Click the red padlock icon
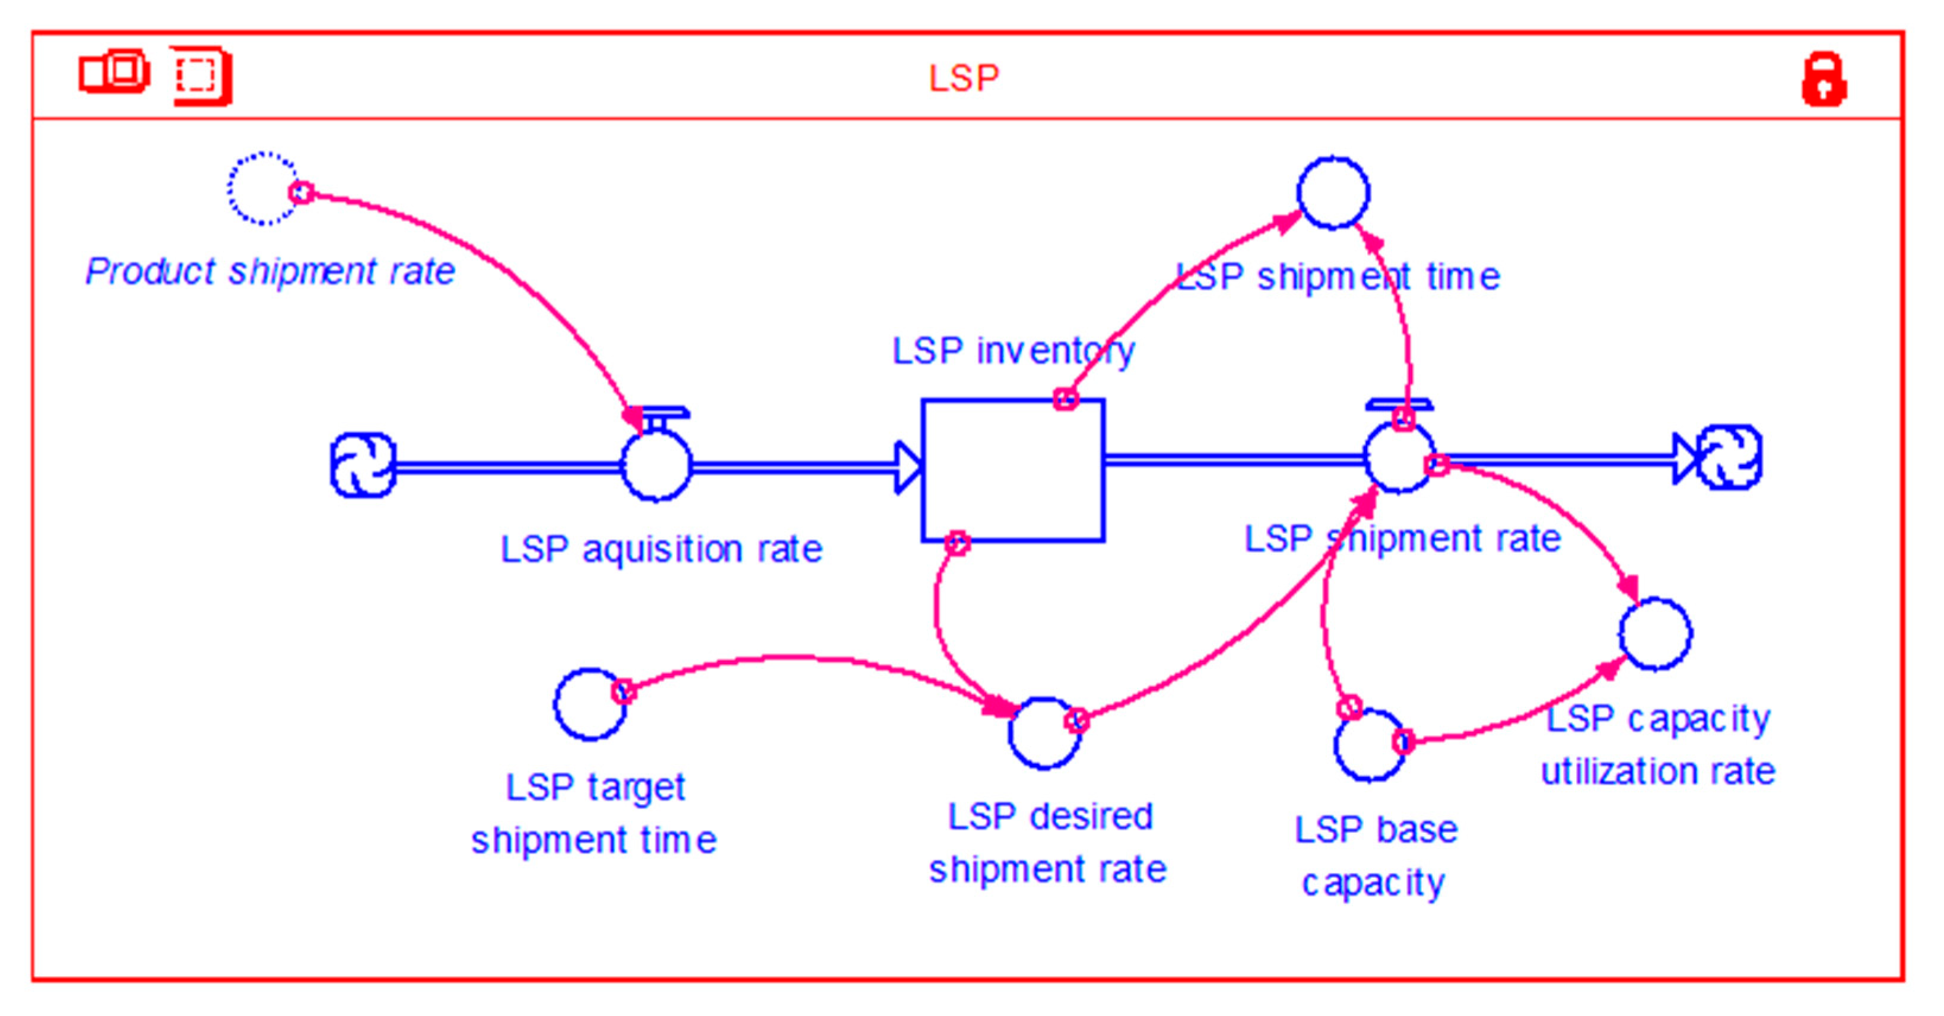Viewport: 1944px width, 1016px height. (x=1824, y=79)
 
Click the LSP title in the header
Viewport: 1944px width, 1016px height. (x=964, y=78)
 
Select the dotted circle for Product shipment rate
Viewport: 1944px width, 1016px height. (x=263, y=189)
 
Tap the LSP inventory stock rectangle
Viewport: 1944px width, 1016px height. (x=1013, y=469)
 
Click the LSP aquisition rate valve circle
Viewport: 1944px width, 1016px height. (x=656, y=466)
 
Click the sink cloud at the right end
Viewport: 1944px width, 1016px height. (x=1730, y=457)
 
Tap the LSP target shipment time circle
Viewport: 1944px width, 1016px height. (x=590, y=704)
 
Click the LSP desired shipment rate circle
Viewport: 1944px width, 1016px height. (x=1044, y=732)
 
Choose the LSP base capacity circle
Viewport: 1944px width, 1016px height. (x=1370, y=745)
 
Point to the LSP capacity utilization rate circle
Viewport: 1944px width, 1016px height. (x=1655, y=633)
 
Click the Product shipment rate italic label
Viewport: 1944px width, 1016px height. (x=269, y=272)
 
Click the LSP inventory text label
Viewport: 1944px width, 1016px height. (x=1013, y=351)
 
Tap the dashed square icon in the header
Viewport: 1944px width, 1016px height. (x=199, y=75)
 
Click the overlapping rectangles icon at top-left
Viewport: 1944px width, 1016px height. (x=114, y=72)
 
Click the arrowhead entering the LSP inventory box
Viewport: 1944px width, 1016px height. (x=908, y=467)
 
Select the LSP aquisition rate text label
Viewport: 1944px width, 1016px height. (x=661, y=549)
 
